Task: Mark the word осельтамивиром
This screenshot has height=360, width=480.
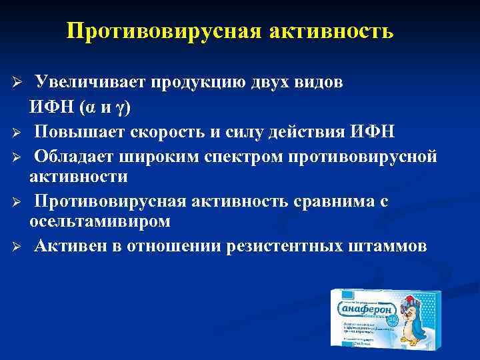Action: pos(100,221)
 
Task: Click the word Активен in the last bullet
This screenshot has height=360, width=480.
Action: pos(72,246)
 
